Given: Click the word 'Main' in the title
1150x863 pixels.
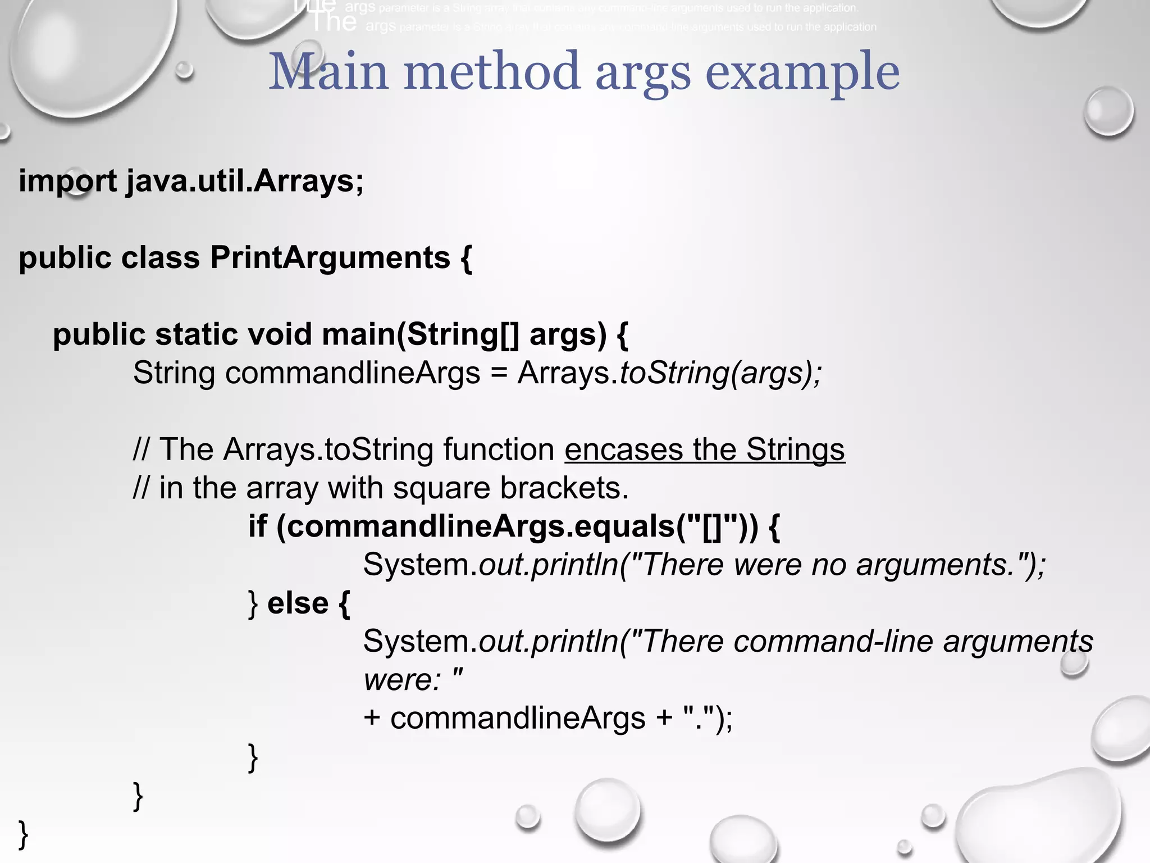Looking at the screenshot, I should [x=328, y=71].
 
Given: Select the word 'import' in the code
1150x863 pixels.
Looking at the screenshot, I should [x=68, y=181].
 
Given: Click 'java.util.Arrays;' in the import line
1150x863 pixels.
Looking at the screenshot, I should [x=245, y=181].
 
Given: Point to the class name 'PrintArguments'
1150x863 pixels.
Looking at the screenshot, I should [x=330, y=258].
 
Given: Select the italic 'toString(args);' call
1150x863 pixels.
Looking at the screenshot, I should [x=720, y=373].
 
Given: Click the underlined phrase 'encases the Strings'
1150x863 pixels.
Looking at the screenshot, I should [x=705, y=449].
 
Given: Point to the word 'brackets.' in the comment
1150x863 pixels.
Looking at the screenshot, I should [x=564, y=488].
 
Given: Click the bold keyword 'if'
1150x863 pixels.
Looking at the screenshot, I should [x=258, y=526].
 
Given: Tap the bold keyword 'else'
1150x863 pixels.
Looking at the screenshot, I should [x=298, y=603].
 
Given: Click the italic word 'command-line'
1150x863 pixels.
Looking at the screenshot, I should [x=833, y=642].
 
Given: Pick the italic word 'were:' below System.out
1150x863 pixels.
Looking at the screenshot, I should [x=403, y=680].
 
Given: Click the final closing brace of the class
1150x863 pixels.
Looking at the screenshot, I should [x=23, y=834].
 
